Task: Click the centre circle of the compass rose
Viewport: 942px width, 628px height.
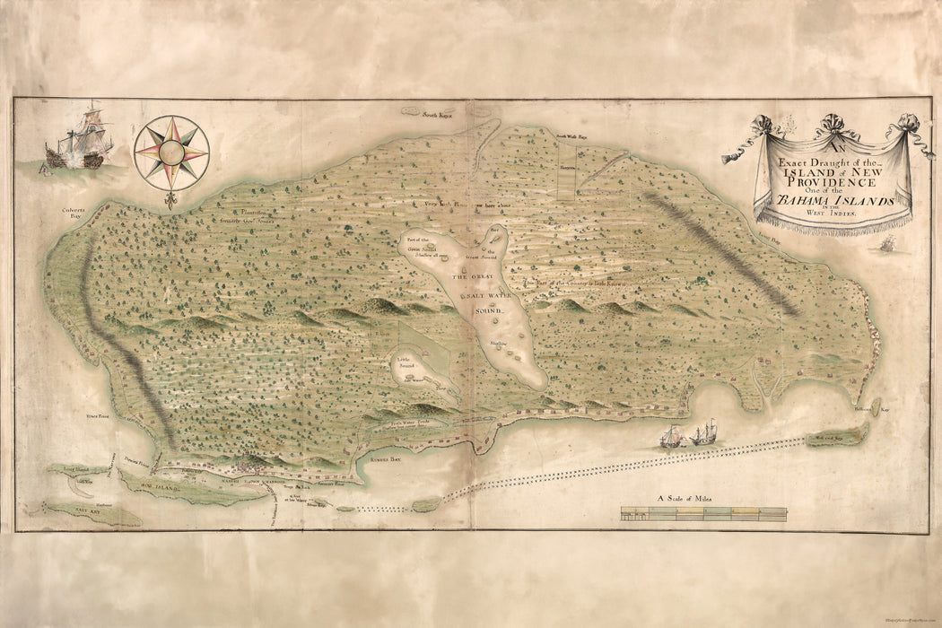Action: [x=171, y=153]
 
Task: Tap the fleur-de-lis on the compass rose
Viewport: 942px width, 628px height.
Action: [x=170, y=199]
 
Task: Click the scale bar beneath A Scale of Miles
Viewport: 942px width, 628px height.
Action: [x=703, y=513]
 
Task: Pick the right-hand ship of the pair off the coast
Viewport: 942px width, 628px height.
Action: [x=705, y=433]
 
